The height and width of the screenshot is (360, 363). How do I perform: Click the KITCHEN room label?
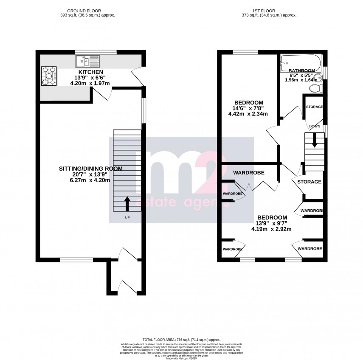(x=91, y=72)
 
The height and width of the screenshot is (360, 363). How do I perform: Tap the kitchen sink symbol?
(x=87, y=62)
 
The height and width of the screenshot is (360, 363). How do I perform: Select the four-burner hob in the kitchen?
(x=49, y=76)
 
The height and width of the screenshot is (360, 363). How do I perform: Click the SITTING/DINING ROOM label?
(x=90, y=169)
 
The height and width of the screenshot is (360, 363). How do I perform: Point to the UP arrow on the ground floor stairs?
(x=127, y=203)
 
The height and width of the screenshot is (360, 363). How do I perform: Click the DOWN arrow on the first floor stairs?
(x=314, y=140)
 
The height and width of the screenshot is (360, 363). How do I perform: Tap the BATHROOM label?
(x=301, y=70)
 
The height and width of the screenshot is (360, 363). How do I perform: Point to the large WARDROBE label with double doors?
(x=249, y=173)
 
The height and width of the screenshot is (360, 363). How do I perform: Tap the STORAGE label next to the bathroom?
(x=314, y=107)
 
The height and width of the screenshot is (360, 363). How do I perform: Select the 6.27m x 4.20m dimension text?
(x=90, y=180)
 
